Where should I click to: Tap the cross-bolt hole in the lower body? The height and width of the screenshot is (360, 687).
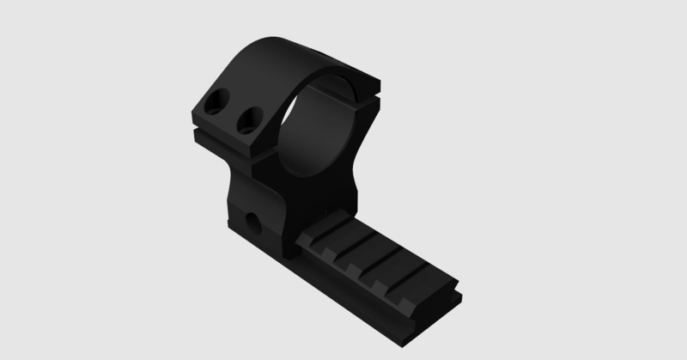coord(255,222)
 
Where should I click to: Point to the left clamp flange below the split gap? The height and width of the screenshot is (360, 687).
coord(225,148)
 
